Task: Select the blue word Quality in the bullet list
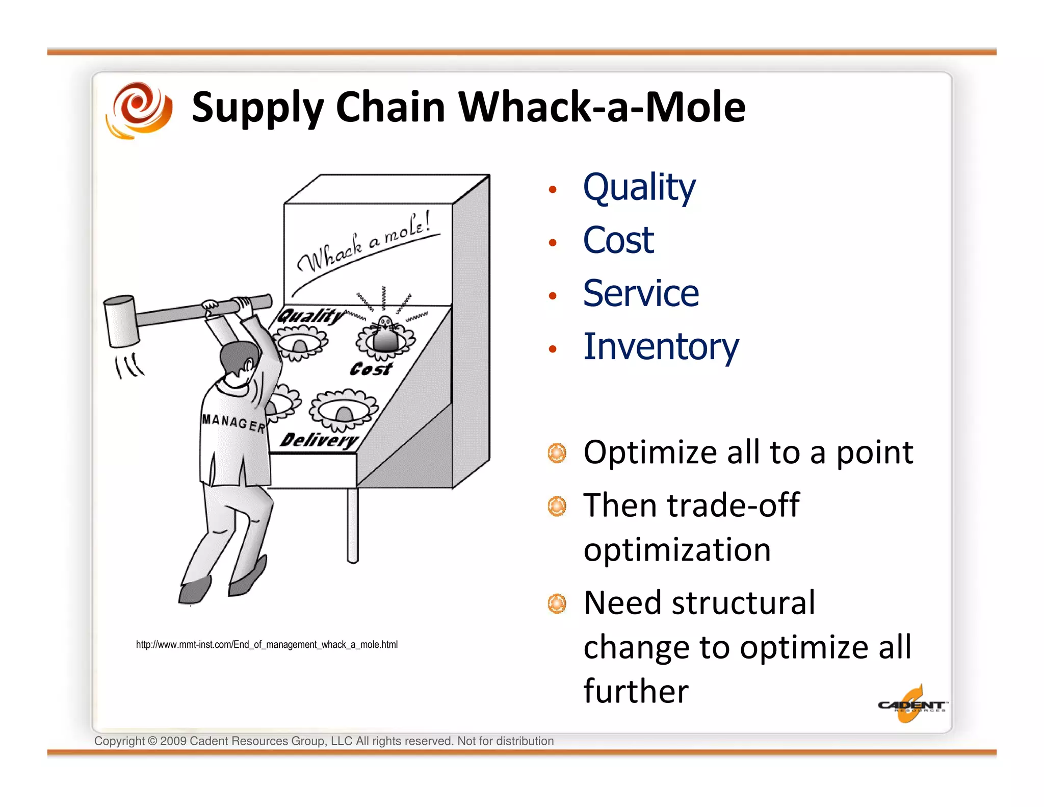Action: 639,188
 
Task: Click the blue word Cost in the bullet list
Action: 618,241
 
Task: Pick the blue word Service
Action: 641,294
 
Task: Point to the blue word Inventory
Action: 661,347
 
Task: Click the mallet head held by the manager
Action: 121,321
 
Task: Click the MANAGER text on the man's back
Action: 233,422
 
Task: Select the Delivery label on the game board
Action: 319,440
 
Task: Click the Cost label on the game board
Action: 371,368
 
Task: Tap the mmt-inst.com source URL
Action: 267,645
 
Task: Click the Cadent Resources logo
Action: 911,705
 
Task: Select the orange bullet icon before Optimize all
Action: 557,453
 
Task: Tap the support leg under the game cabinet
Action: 352,525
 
